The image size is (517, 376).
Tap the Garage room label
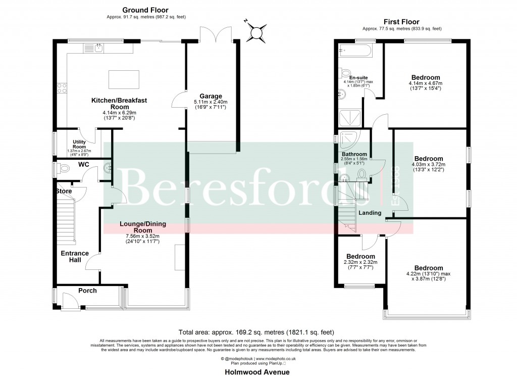[x=211, y=96]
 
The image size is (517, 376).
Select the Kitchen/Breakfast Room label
[x=119, y=104]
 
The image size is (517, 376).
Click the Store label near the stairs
[x=64, y=191]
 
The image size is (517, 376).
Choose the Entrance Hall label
[x=75, y=256]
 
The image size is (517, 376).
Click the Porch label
[x=87, y=291]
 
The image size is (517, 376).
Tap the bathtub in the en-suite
[x=355, y=51]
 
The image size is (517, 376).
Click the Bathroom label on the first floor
[x=354, y=154]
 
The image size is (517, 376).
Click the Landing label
[x=370, y=213]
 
